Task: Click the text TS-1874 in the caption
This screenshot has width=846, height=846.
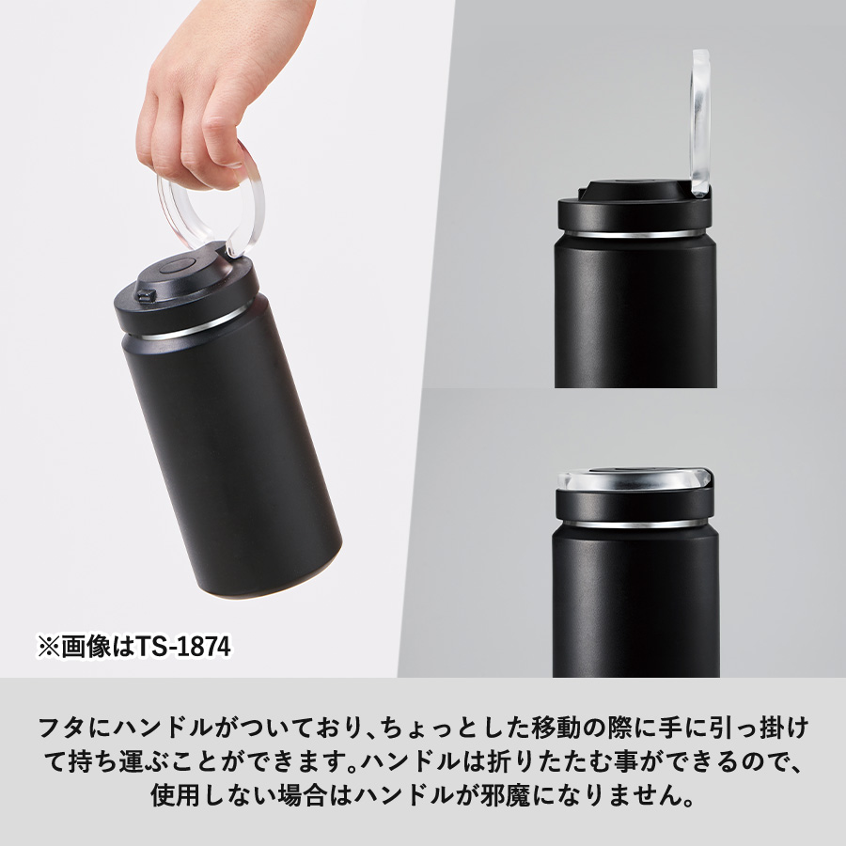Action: pos(184,648)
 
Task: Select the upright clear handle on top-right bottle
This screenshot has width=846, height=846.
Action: pos(700,122)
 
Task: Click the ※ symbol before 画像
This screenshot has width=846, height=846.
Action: pos(46,648)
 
